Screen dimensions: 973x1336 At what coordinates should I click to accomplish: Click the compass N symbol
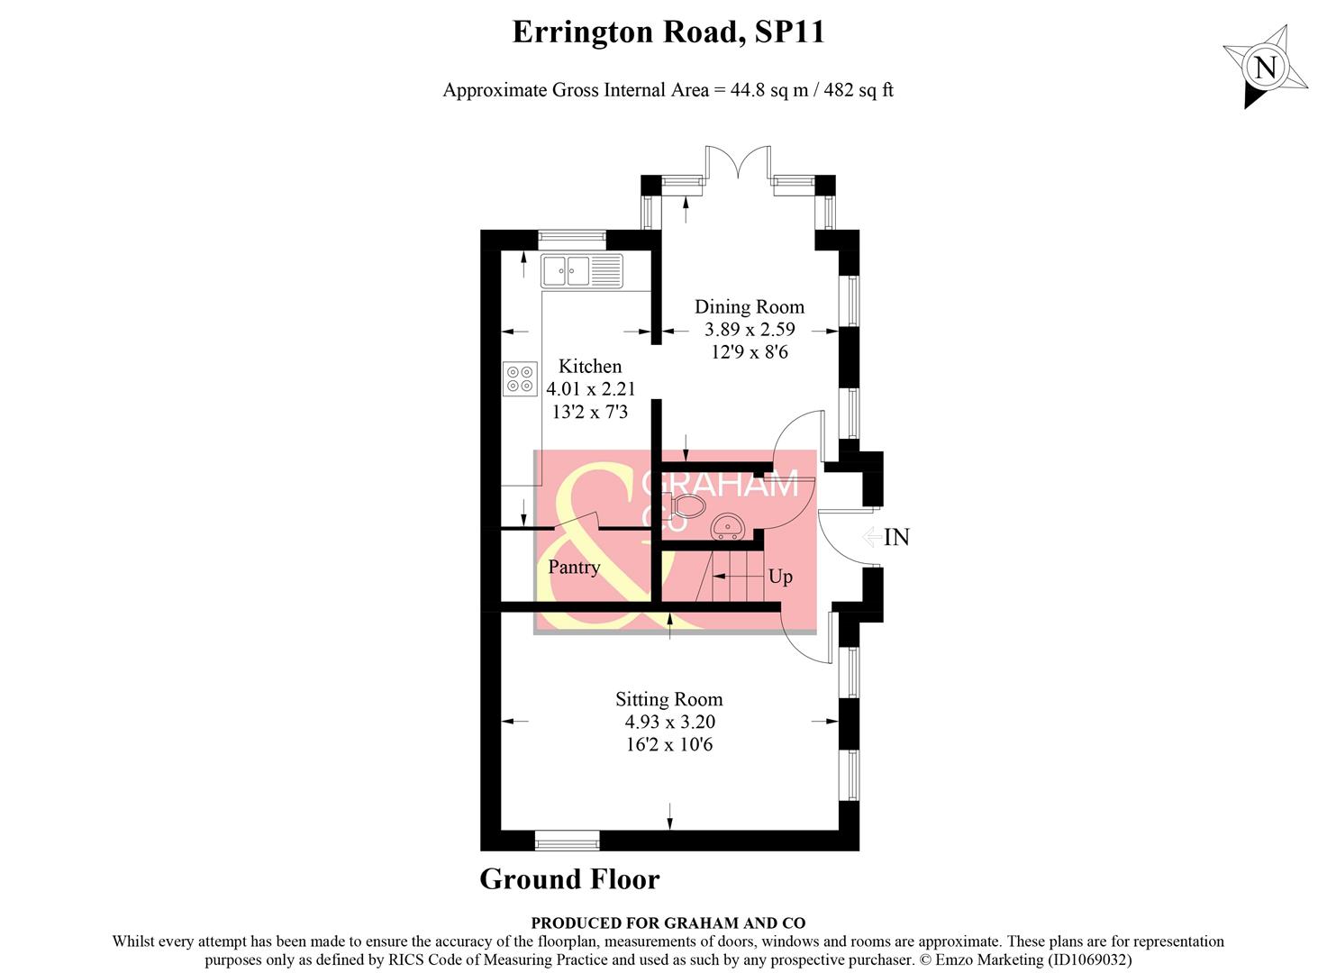click(x=1265, y=68)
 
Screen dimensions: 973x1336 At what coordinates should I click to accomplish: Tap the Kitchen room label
click(x=590, y=366)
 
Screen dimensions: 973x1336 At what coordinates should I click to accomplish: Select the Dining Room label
click(x=749, y=306)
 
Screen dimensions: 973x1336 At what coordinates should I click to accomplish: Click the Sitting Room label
click(x=668, y=699)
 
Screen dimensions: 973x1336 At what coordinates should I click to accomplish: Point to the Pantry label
click(x=574, y=567)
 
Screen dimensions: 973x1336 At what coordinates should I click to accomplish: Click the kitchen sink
click(x=581, y=269)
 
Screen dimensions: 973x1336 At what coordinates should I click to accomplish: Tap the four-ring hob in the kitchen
click(x=520, y=378)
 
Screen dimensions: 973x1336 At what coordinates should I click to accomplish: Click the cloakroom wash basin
click(x=726, y=526)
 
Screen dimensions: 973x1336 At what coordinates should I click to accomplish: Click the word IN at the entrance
click(x=896, y=538)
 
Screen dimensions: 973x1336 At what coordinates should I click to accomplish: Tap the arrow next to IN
click(x=871, y=538)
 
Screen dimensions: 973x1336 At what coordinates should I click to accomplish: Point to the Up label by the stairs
click(x=780, y=577)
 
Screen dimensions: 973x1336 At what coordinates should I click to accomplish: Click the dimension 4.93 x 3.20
click(x=669, y=722)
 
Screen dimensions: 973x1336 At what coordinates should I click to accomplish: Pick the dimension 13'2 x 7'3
click(x=590, y=412)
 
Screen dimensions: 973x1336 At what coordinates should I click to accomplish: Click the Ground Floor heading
click(x=569, y=879)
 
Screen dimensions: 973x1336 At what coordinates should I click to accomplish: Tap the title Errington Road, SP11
click(x=668, y=32)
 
